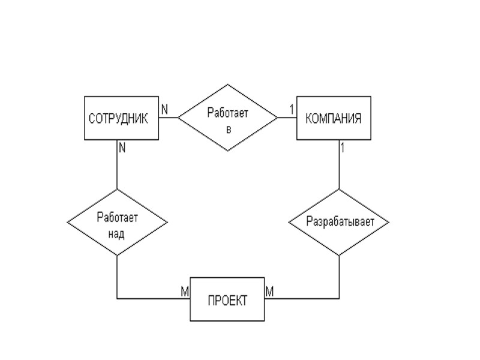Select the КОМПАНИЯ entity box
pyautogui.click(x=334, y=118)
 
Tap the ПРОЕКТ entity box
pyautogui.click(x=227, y=300)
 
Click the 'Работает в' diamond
pyautogui.click(x=228, y=118)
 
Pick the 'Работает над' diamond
pyautogui.click(x=117, y=223)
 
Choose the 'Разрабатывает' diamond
pyautogui.click(x=340, y=222)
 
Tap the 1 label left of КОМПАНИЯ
pyautogui.click(x=292, y=109)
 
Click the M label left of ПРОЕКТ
pyautogui.click(x=184, y=290)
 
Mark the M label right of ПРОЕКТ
pyautogui.click(x=270, y=291)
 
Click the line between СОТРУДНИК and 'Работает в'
pyautogui.click(x=169, y=118)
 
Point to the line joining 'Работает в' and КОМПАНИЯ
pyautogui.click(x=287, y=118)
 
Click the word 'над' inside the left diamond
pyautogui.click(x=117, y=233)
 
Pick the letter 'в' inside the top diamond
pyautogui.click(x=228, y=129)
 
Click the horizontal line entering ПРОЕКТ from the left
pyautogui.click(x=153, y=298)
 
